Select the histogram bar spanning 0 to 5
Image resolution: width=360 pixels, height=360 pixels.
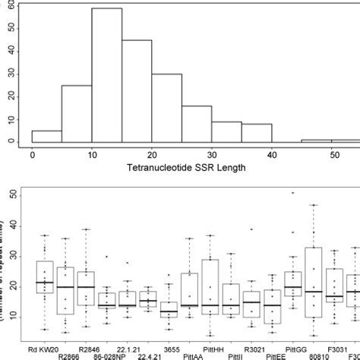point(46,137)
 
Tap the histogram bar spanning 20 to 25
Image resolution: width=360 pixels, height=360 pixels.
point(166,109)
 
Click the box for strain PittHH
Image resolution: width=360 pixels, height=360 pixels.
point(210,292)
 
